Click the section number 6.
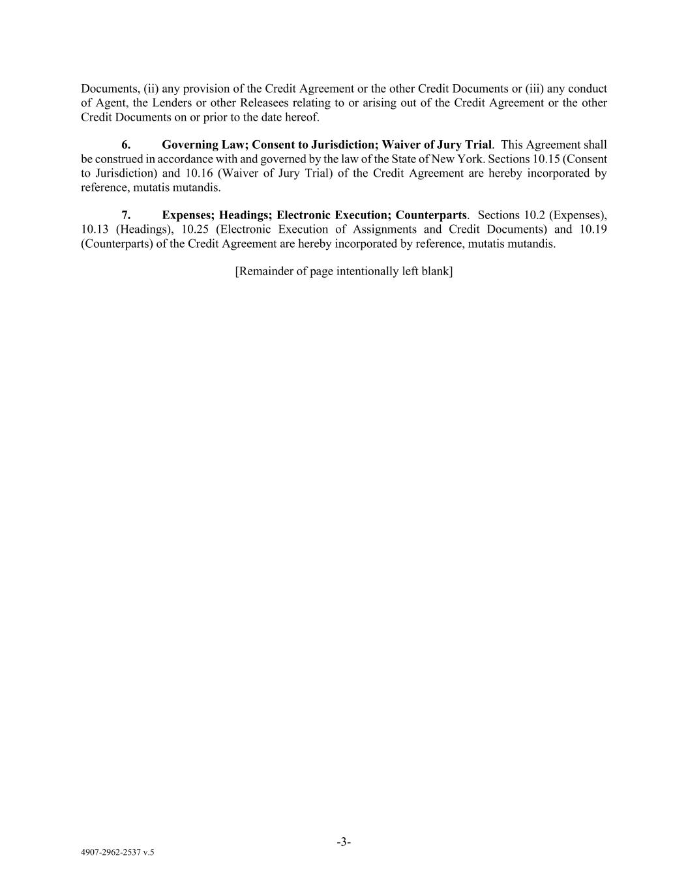tap(126, 145)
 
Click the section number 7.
tap(126, 215)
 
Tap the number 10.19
tap(593, 230)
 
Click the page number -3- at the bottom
tap(344, 842)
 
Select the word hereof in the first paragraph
tap(303, 117)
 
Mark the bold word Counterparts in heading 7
tap(431, 215)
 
